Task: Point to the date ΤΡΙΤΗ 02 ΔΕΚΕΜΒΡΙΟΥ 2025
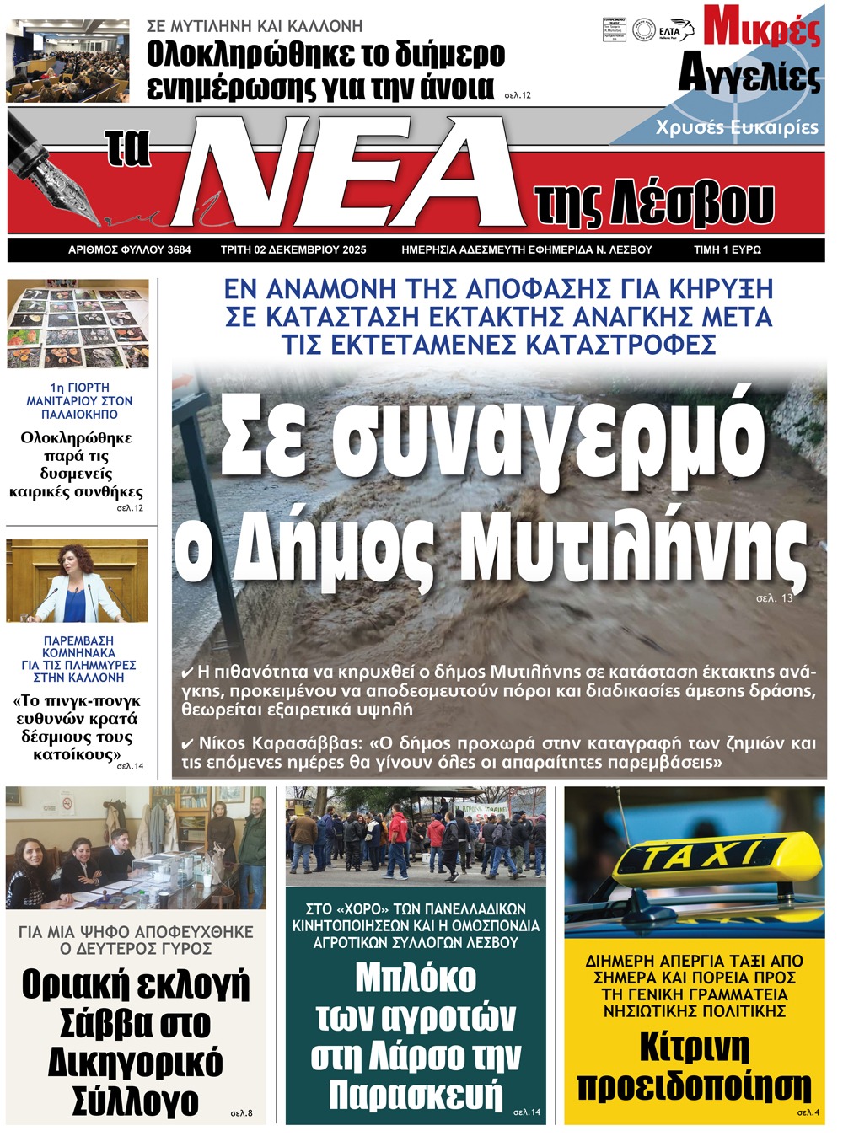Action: coord(293,250)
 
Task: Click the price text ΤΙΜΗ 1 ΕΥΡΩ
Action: coord(727,250)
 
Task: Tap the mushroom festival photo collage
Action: coord(78,324)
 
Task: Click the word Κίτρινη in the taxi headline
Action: coord(694,1048)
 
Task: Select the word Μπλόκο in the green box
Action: coord(415,978)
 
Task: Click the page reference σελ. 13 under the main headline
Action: coord(774,598)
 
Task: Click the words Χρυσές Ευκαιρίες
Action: coord(737,127)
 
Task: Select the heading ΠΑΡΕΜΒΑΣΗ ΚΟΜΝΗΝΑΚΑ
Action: coord(78,646)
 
